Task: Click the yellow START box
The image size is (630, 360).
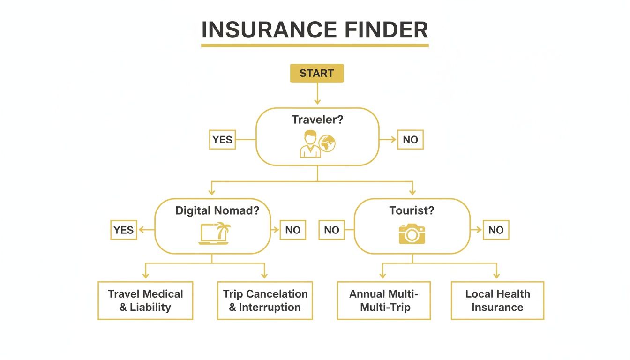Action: (316, 74)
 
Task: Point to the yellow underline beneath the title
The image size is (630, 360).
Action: (315, 45)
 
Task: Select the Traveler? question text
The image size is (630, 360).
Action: (317, 120)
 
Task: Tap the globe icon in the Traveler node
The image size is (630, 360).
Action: (327, 143)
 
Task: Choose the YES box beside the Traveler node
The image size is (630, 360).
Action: (222, 140)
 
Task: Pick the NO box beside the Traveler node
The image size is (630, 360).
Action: (410, 140)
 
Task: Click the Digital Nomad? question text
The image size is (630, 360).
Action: (217, 210)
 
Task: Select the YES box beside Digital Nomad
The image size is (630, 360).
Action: (124, 230)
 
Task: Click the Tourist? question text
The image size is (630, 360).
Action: (412, 210)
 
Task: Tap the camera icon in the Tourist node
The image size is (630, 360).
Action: (412, 233)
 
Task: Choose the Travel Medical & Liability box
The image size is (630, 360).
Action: (145, 300)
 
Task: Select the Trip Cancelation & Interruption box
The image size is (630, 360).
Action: (265, 300)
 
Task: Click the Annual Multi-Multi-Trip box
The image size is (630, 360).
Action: (383, 300)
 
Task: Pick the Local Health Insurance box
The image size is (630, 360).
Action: (497, 300)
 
